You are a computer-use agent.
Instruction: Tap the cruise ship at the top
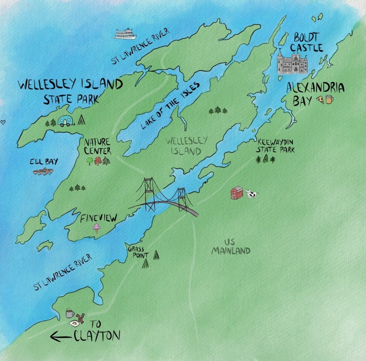coord(125,34)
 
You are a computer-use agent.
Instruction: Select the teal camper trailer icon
coord(66,121)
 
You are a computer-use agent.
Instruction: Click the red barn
coord(237,193)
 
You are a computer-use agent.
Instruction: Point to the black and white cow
coord(251,194)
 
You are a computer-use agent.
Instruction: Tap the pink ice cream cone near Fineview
coord(96,228)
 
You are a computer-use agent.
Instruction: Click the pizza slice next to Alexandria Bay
coord(320,100)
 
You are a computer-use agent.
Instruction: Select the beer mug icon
coord(329,99)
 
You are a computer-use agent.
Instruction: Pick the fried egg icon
coord(74,324)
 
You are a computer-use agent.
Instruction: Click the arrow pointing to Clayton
coord(61,337)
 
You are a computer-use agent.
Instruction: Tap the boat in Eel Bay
coord(43,172)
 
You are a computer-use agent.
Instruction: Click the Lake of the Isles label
coord(170,106)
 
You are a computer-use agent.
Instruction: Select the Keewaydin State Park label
coord(275,146)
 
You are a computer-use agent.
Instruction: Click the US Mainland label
coord(230,246)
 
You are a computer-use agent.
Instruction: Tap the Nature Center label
coord(97,146)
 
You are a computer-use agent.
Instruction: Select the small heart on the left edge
coord(3,122)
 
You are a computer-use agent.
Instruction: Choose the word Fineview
coord(98,218)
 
